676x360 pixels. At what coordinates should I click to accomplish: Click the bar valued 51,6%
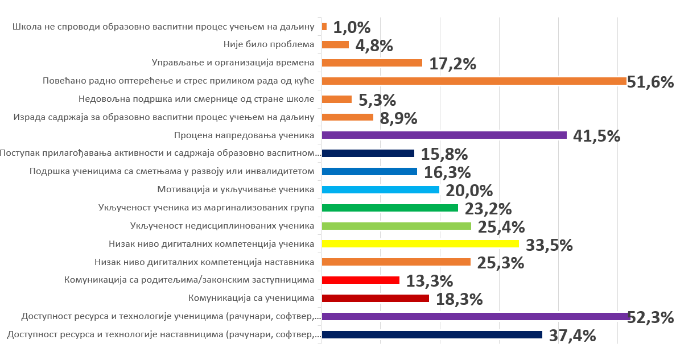474,81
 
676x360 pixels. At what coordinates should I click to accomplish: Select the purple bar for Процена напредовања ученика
444,135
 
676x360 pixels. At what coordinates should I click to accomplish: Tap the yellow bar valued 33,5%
420,244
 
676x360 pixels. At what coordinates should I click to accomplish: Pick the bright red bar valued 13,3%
360,280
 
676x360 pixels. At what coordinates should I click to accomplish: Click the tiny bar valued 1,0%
324,26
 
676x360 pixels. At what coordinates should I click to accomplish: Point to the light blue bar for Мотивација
380,189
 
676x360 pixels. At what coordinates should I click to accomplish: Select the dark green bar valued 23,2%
390,208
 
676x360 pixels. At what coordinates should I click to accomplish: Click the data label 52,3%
650,317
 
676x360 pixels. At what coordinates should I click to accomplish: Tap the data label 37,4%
572,336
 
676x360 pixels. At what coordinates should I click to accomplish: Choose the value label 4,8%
374,45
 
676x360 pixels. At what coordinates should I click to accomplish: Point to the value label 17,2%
452,64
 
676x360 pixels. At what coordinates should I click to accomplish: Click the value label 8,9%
398,118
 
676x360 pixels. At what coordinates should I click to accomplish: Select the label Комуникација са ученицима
251,298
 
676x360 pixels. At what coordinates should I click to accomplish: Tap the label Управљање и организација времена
233,63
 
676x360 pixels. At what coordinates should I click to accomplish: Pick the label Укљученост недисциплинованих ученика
222,226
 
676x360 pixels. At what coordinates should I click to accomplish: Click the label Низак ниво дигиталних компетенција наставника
204,262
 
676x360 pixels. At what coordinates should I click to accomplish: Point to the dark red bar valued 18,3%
375,298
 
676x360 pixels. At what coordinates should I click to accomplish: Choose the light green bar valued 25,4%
396,226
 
